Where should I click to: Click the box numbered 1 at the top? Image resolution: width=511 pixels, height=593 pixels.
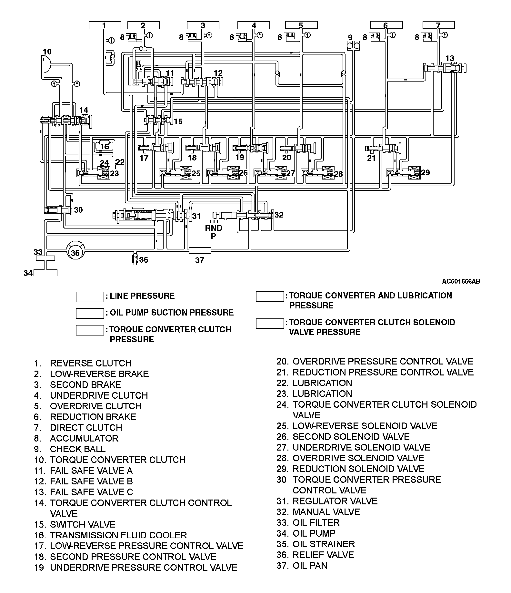tap(105, 25)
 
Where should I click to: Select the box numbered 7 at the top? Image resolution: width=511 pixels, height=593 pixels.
tap(438, 25)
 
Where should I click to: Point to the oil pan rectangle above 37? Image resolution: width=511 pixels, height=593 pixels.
tap(199, 250)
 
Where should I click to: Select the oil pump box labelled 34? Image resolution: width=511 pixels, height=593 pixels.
tap(45, 273)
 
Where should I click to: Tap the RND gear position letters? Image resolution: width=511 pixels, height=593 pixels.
tap(214, 228)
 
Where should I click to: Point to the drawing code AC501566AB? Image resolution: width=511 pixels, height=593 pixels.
tap(461, 281)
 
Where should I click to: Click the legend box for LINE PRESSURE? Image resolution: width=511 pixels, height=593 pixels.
tap(90, 297)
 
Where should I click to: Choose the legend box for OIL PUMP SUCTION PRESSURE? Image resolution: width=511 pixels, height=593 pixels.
tap(90, 313)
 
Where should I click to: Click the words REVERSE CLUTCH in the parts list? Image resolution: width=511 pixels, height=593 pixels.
tap(91, 363)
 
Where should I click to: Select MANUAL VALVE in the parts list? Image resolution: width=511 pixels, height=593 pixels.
tap(326, 512)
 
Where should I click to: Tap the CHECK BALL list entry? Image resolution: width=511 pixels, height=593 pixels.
tap(77, 449)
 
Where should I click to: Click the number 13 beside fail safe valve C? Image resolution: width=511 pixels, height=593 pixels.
tap(449, 58)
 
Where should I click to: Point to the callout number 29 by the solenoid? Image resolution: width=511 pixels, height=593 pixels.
tap(426, 172)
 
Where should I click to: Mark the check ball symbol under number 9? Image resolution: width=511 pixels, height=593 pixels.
tap(354, 46)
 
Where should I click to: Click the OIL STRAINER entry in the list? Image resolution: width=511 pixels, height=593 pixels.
tap(323, 544)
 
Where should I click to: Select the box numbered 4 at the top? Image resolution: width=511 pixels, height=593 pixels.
tap(254, 25)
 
